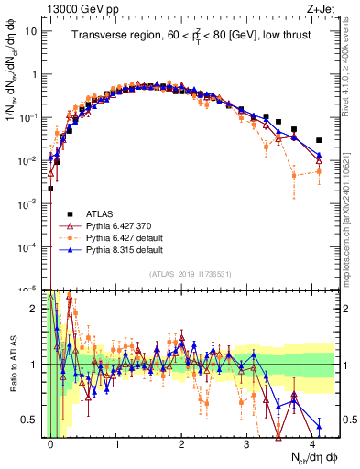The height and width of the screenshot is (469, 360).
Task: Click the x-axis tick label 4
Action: (312, 442)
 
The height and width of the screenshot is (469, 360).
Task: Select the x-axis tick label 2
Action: (181, 442)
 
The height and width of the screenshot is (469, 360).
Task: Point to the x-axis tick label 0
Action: (51, 442)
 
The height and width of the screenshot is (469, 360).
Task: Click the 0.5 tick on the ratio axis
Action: (31, 420)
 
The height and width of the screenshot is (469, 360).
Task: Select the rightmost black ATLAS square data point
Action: (319, 140)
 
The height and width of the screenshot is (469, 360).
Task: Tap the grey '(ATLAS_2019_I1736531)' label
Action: (190, 273)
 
